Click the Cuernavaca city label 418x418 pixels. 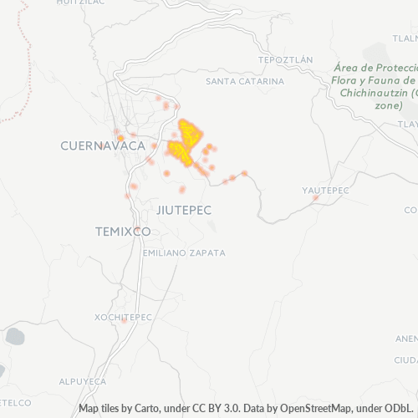click(x=98, y=145)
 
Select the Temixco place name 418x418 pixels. click(x=122, y=231)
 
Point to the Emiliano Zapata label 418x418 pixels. click(x=184, y=252)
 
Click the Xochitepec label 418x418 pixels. click(x=123, y=318)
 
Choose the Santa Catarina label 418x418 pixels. click(x=244, y=81)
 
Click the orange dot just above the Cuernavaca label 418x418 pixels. click(x=120, y=137)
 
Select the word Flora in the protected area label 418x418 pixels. click(x=348, y=80)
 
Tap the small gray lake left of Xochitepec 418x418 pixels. click(x=14, y=337)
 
